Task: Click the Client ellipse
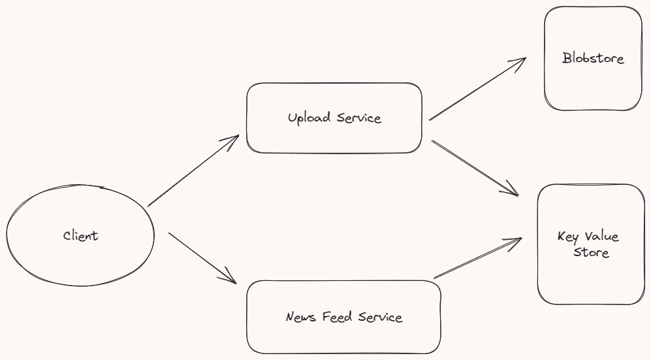tap(80, 236)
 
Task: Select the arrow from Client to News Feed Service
tap(201, 257)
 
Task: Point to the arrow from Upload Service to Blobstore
tap(477, 89)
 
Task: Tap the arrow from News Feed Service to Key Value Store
tap(478, 257)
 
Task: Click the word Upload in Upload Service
tap(310, 118)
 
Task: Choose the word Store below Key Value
tap(591, 253)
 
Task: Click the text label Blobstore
tap(593, 59)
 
